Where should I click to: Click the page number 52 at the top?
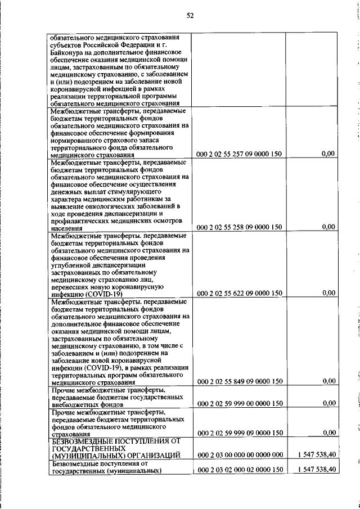pos(190,15)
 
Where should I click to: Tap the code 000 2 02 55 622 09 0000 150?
pos(238,293)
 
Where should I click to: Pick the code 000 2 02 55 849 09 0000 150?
pos(238,382)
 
